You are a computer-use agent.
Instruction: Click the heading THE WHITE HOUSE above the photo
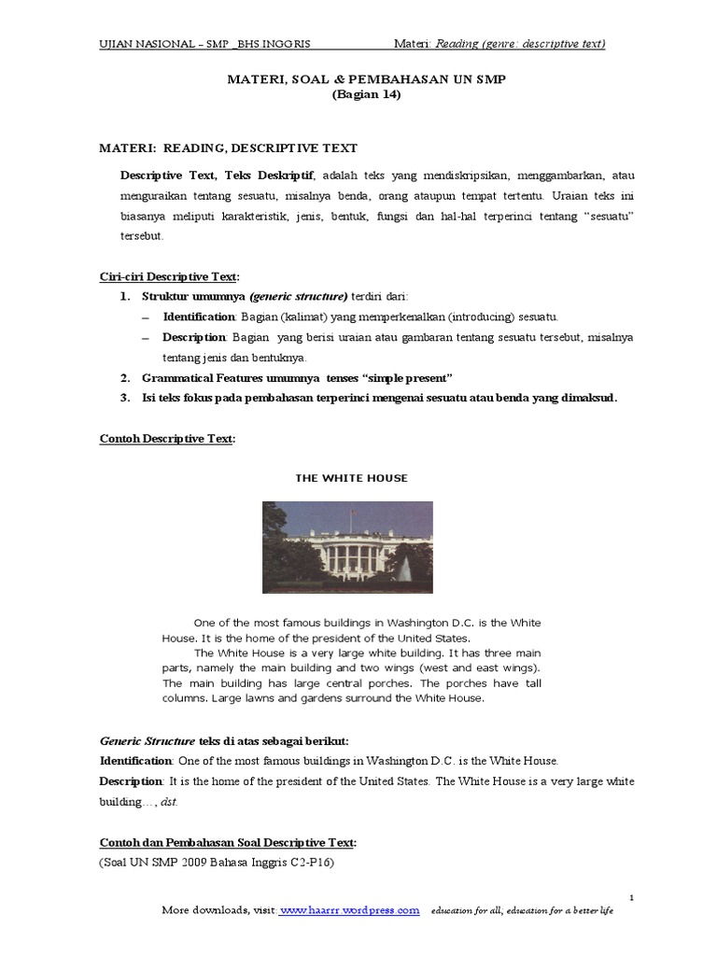pyautogui.click(x=351, y=478)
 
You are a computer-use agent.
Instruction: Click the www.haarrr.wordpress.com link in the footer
pyautogui.click(x=349, y=909)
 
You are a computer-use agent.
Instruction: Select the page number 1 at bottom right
pyautogui.click(x=632, y=897)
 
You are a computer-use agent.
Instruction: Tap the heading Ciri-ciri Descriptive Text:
pyautogui.click(x=169, y=276)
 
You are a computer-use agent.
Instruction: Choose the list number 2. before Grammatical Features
pyautogui.click(x=124, y=377)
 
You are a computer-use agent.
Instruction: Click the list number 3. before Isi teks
pyautogui.click(x=124, y=397)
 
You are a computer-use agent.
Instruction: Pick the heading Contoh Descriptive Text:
pyautogui.click(x=167, y=438)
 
